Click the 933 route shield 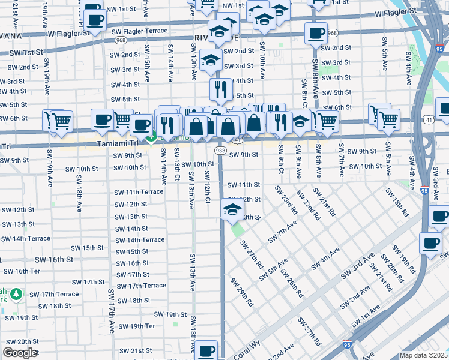point(220,150)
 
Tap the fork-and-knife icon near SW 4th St point(220,89)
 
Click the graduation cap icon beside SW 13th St point(232,210)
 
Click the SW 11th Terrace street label point(139,192)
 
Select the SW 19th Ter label point(137,326)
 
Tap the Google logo point(20,353)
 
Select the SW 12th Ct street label point(207,187)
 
